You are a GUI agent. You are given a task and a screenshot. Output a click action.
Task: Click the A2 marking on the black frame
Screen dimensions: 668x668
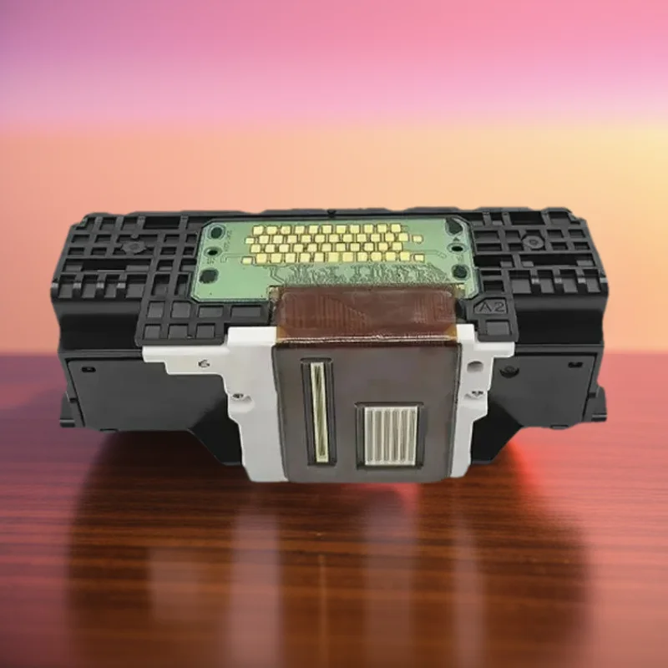tap(487, 307)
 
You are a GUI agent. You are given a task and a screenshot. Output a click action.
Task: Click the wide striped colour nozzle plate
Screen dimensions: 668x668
tap(387, 435)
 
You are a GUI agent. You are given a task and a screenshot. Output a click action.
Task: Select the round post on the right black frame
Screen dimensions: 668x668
tap(532, 243)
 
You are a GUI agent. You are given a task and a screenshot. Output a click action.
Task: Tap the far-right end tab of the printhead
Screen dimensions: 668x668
tap(598, 404)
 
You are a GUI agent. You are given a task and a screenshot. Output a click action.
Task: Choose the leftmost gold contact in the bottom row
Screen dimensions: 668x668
tap(253, 260)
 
